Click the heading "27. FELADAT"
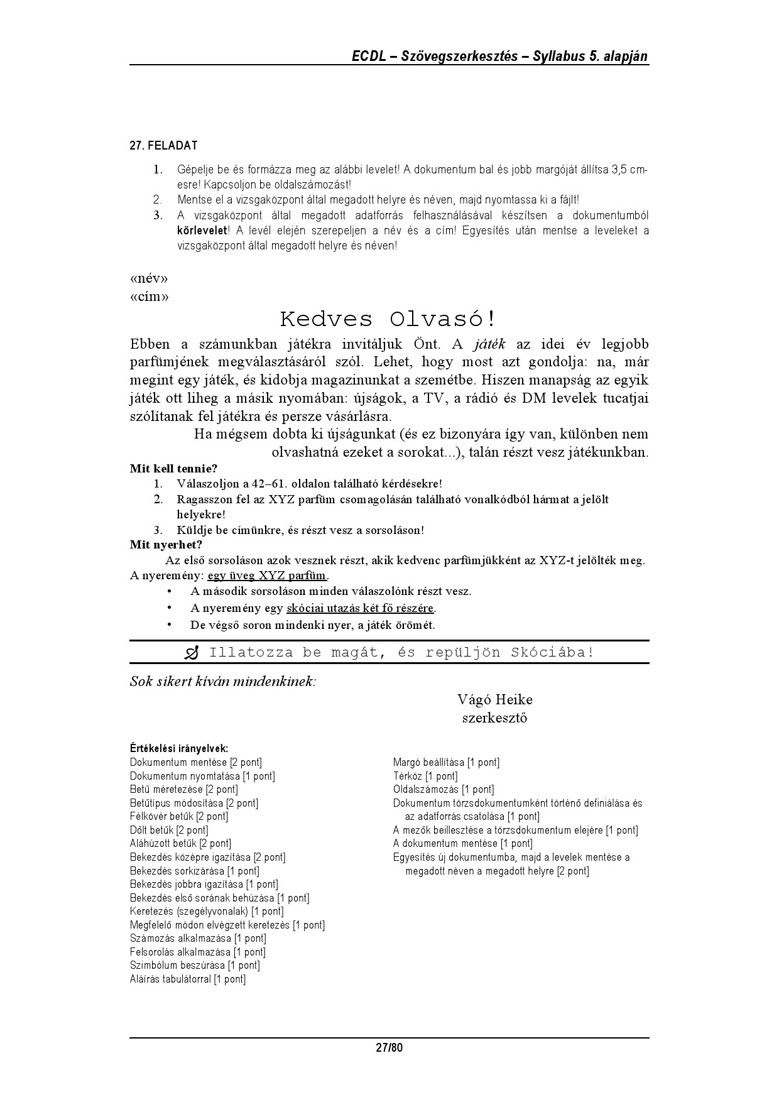tap(163, 146)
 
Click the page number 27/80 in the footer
tap(389, 1047)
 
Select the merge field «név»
tap(149, 278)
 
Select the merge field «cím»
tap(149, 296)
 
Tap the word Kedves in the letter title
tap(326, 319)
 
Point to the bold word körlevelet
tap(202, 231)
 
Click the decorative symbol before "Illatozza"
tap(192, 653)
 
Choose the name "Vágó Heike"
tap(495, 700)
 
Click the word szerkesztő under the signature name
tap(494, 718)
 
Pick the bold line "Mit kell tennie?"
tap(173, 469)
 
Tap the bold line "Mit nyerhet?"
tap(166, 545)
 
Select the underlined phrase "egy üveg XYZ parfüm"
tap(267, 576)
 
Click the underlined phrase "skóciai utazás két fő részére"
tap(360, 608)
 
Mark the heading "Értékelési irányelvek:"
tap(178, 748)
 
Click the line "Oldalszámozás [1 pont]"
tap(444, 790)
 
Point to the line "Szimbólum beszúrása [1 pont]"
tap(195, 966)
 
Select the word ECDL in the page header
tap(368, 57)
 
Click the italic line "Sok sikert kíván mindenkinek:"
tap(223, 682)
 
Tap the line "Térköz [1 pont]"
tap(425, 776)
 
